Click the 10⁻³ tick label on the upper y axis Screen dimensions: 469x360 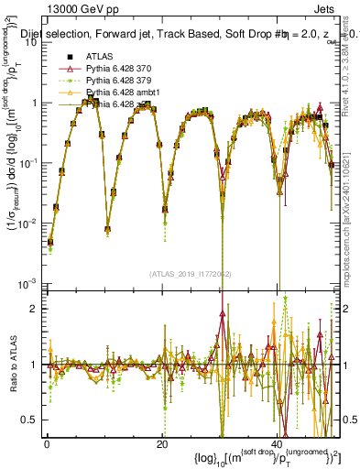tap(29, 282)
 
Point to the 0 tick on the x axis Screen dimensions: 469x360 tap(47, 444)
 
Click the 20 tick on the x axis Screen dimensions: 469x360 tap(161, 444)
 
